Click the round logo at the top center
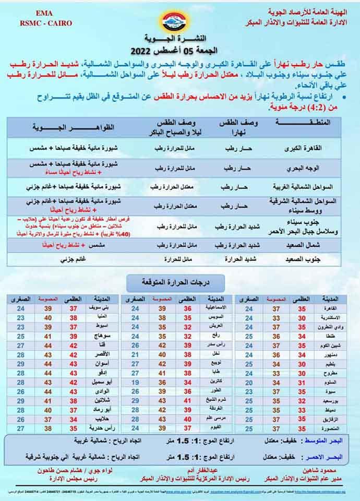[x=181, y=22]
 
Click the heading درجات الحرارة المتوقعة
[x=176, y=282]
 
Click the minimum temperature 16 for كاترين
[x=135, y=382]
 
